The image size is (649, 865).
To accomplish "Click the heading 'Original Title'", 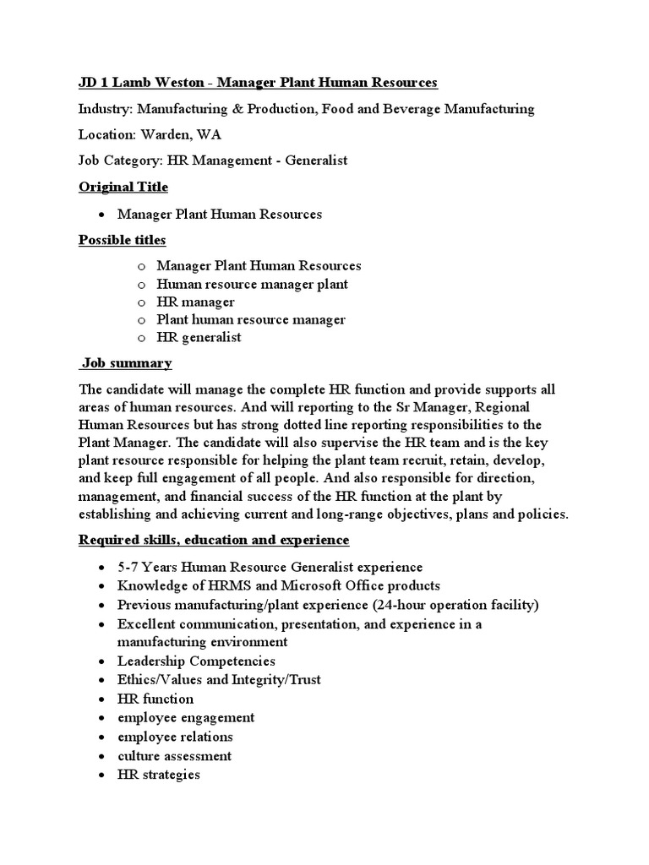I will (x=123, y=187).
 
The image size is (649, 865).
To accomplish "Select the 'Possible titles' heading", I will (x=123, y=241).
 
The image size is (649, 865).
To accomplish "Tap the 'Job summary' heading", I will (x=127, y=363).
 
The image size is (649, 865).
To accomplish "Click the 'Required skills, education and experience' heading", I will (x=214, y=540).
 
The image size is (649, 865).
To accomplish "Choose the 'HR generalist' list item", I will (x=199, y=337).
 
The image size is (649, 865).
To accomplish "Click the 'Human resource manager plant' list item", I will (x=252, y=284).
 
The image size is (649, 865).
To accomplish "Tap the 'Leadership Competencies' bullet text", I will (x=196, y=661).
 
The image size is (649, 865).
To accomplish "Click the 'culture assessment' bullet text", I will (x=174, y=756).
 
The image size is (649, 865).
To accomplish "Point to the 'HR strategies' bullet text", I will (x=159, y=775).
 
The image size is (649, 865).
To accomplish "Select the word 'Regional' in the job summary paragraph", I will (x=505, y=407).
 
